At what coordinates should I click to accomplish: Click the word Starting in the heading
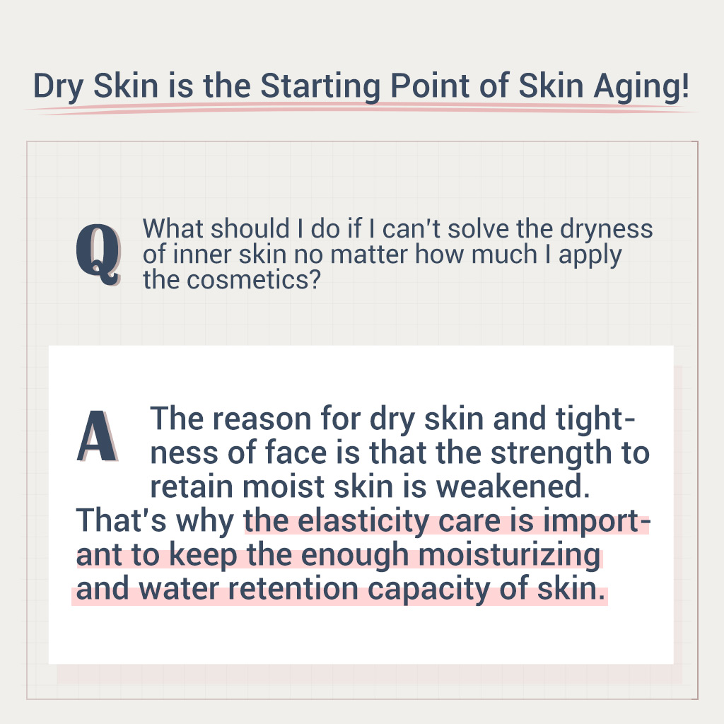(x=320, y=87)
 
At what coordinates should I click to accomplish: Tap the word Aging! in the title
(x=641, y=87)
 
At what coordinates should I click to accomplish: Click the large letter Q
(x=98, y=254)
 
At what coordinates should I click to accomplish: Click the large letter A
(x=98, y=436)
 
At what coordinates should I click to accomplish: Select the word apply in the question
(x=590, y=255)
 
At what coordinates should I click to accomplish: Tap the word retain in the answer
(x=192, y=488)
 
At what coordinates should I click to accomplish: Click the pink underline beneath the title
(x=360, y=109)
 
